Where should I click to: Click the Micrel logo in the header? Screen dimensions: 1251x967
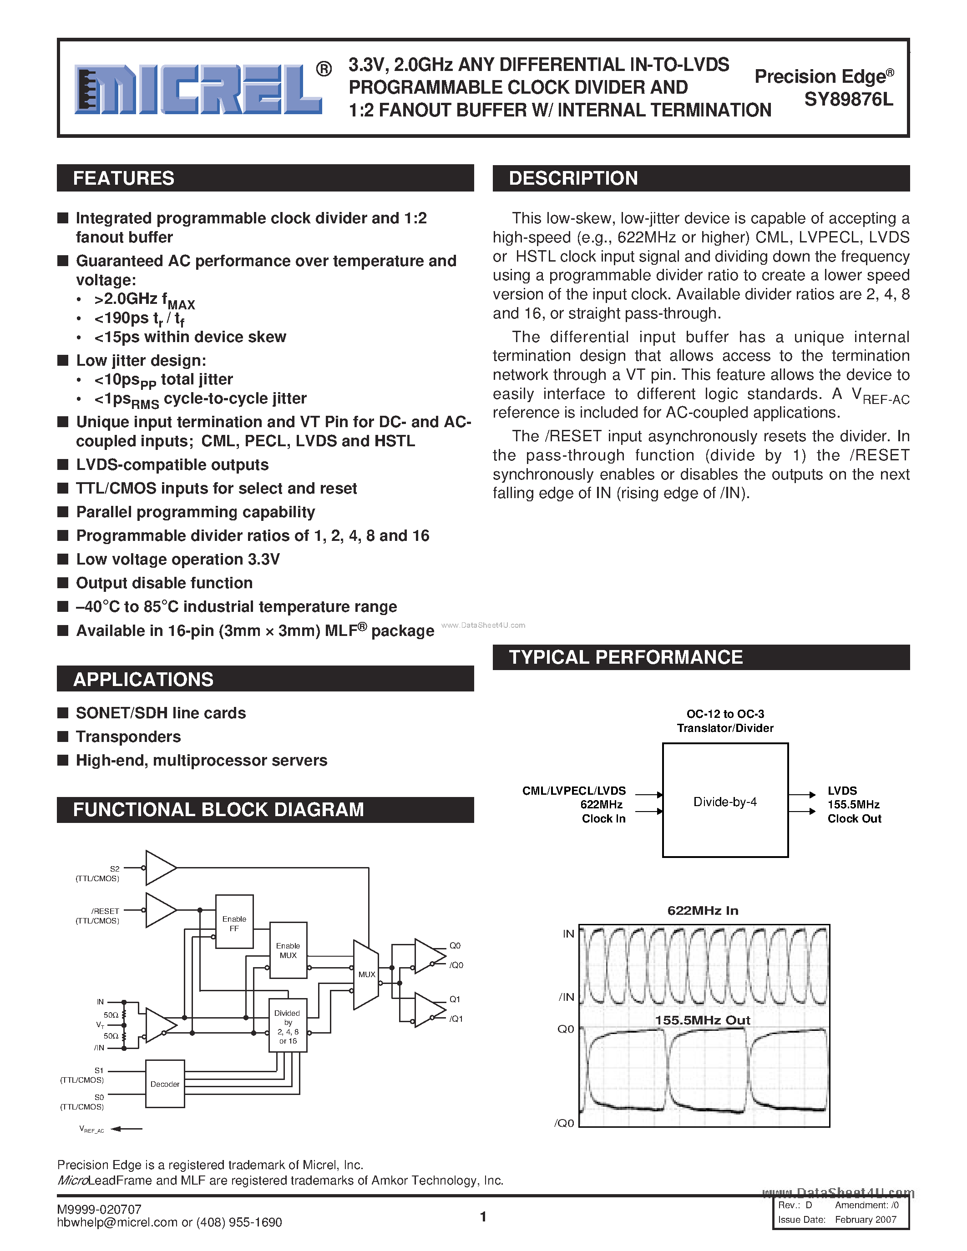199,89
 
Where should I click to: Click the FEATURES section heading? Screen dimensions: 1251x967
124,178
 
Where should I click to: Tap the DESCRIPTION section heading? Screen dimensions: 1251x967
573,178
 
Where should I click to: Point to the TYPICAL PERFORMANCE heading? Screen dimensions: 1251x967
626,657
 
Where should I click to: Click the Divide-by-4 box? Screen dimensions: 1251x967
724,802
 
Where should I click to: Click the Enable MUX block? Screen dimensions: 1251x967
288,950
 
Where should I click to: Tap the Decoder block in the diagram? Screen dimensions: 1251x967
165,1084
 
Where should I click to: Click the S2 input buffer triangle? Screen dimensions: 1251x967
159,868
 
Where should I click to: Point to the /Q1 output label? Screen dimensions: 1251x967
456,1019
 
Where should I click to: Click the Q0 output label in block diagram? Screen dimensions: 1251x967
455,946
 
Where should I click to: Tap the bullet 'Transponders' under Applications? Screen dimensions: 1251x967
128,736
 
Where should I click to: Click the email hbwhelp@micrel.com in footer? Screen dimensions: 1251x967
117,1222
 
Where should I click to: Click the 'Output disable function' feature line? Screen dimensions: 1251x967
164,583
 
